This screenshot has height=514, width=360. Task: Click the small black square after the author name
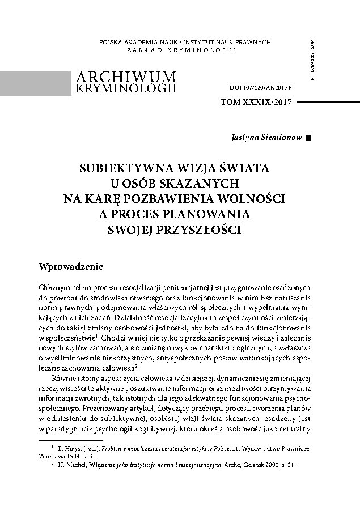[308, 138]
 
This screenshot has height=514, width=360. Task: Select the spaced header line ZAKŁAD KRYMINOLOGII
[181, 52]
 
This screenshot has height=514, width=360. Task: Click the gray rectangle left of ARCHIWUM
[31, 82]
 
